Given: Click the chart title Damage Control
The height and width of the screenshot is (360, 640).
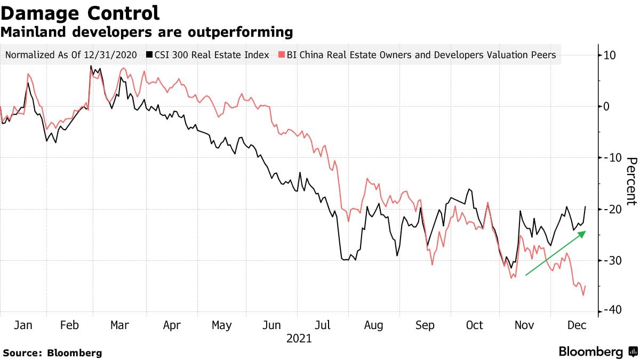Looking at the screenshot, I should click(80, 13).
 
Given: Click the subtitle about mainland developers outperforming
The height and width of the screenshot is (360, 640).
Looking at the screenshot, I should click(147, 33).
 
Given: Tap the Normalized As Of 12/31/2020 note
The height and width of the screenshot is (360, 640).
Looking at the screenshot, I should click(71, 54).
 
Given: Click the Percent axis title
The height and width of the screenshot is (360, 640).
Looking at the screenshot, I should click(631, 181).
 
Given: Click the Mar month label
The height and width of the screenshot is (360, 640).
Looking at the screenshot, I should click(119, 325).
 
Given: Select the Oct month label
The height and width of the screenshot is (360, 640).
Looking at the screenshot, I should click(474, 325).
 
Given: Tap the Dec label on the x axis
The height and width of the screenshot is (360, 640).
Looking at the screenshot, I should click(576, 325).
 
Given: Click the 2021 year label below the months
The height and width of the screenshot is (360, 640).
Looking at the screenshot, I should click(299, 339).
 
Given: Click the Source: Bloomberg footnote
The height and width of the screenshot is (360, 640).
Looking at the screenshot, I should click(52, 353).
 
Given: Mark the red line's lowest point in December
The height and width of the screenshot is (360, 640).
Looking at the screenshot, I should click(583, 295).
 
